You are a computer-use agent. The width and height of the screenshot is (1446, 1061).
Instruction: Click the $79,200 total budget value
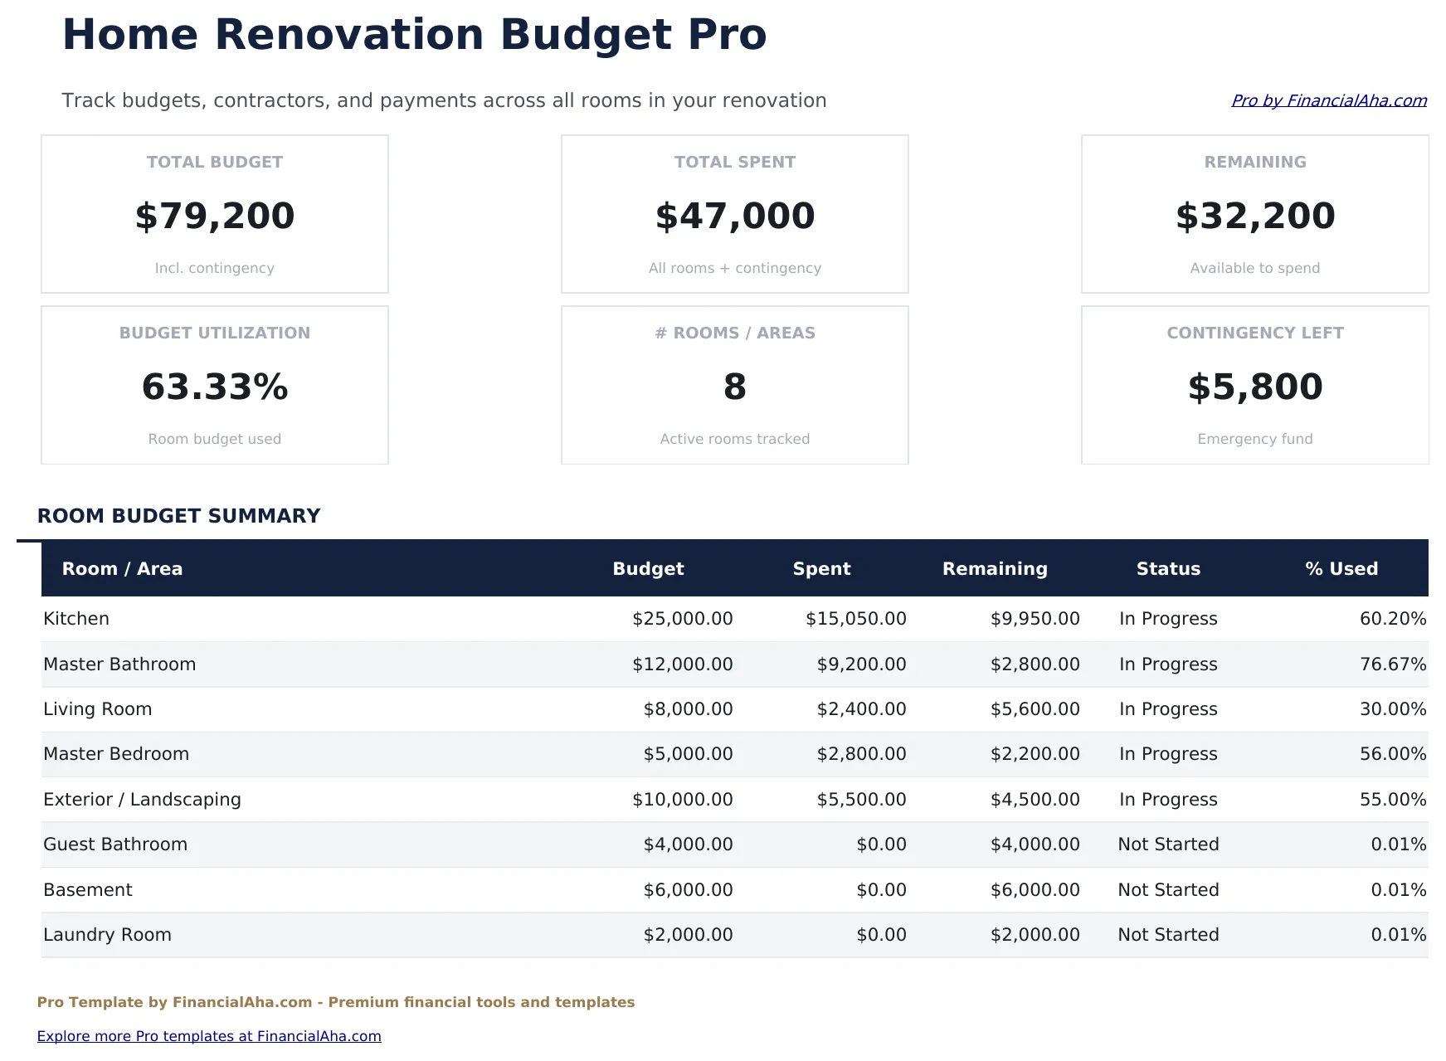coord(215,216)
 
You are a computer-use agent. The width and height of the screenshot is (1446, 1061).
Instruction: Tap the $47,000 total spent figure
coord(735,216)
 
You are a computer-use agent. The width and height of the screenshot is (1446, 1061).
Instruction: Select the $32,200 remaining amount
coord(1255,216)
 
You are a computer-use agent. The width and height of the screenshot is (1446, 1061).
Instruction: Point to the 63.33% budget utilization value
coord(215,387)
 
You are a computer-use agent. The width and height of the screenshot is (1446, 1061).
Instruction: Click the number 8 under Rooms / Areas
coord(735,387)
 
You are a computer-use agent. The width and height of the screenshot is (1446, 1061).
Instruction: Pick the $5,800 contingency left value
coord(1255,387)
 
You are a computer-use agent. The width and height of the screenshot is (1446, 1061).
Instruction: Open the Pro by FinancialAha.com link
coord(1328,100)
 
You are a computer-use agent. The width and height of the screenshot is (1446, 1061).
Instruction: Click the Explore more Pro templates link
coord(209,1036)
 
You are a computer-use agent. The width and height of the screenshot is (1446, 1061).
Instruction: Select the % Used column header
coord(1341,568)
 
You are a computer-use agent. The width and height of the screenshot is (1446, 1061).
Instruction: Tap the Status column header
coord(1168,568)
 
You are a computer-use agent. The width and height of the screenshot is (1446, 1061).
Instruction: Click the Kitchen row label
coord(76,619)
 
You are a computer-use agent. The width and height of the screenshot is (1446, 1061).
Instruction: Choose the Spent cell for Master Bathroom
coord(861,664)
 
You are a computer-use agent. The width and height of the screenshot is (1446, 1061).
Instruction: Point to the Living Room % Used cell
coord(1392,709)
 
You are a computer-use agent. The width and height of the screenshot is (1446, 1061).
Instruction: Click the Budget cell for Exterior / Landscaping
coord(682,800)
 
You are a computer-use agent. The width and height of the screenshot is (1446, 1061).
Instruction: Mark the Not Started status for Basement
coord(1168,890)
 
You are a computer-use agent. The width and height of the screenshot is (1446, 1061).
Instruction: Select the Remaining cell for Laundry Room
coord(1035,935)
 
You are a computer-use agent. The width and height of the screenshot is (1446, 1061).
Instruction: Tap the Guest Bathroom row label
coord(115,844)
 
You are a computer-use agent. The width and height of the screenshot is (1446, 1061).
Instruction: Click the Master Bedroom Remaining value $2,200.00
coord(1035,754)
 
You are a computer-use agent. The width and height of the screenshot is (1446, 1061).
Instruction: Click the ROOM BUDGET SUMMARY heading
coord(178,516)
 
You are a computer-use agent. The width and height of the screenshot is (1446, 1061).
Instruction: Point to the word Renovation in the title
coord(349,35)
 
